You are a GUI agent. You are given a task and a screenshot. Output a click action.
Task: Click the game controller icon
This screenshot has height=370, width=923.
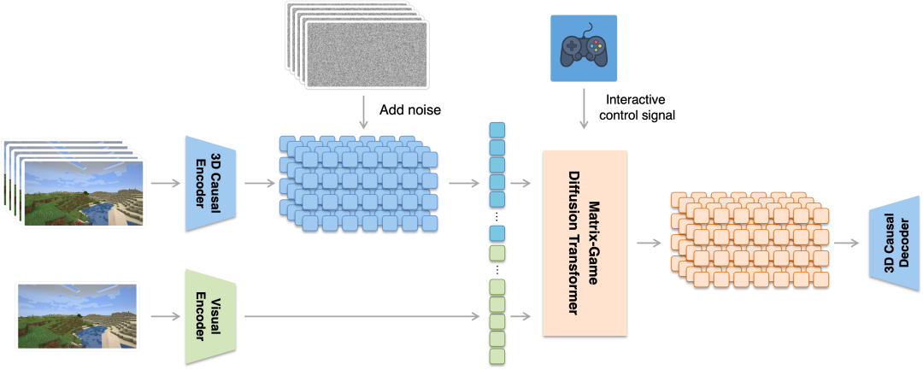click(x=583, y=50)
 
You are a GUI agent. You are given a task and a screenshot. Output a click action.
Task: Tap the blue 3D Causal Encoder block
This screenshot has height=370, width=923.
click(x=209, y=183)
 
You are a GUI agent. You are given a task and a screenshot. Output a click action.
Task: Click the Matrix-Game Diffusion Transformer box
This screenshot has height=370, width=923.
click(x=585, y=242)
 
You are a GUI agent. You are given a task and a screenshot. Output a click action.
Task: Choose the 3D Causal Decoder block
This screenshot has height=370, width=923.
click(x=894, y=243)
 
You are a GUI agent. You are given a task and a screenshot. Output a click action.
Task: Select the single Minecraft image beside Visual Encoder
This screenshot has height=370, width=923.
click(x=78, y=316)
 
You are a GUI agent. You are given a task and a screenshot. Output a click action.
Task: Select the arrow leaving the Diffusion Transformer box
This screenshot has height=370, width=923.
click(x=649, y=243)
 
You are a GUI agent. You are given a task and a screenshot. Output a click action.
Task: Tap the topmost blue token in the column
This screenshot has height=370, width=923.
click(x=497, y=130)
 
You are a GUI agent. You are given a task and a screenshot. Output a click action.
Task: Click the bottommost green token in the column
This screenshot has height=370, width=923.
click(x=497, y=355)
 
